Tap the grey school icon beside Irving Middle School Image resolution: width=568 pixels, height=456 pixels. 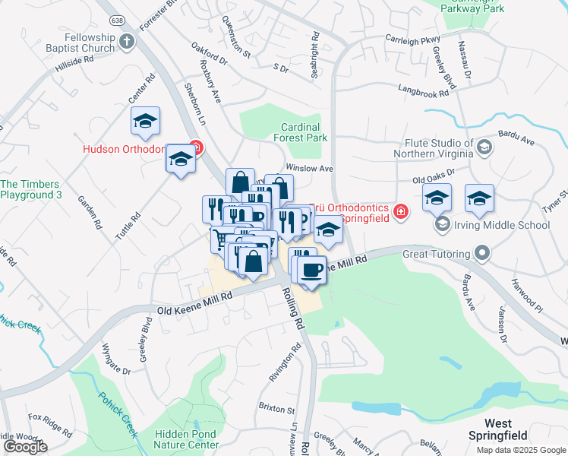click(x=442, y=225)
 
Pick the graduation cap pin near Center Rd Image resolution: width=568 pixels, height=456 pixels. click(x=145, y=121)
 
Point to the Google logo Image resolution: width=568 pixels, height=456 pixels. click(x=25, y=446)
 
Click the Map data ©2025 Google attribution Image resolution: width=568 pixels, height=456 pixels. click(x=520, y=450)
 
